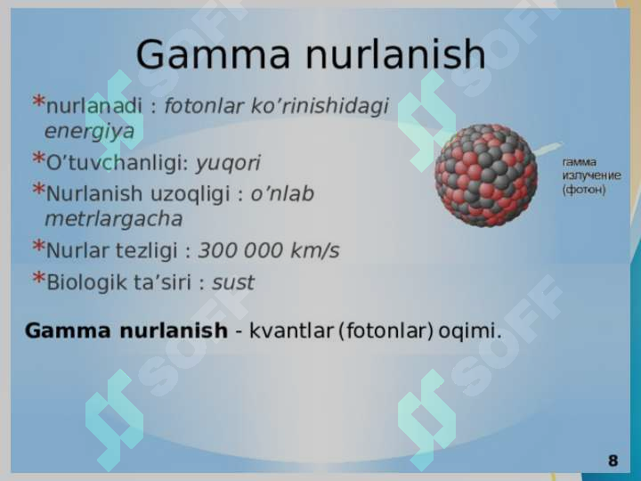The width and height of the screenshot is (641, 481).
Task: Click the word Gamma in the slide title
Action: click(213, 54)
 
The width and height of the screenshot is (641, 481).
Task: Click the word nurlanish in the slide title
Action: click(395, 54)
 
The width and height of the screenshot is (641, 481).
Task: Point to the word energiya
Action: click(90, 131)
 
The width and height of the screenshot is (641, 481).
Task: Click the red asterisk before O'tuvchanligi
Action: click(38, 158)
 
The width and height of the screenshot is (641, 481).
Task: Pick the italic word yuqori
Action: click(228, 164)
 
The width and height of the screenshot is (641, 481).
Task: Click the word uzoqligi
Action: click(191, 194)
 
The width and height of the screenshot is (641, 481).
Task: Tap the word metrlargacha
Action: click(114, 219)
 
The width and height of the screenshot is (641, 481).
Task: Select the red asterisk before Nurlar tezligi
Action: click(38, 246)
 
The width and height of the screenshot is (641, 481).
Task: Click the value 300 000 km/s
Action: click(269, 250)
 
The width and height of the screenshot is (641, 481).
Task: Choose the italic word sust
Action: click(233, 282)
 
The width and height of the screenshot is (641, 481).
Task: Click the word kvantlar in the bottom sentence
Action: click(291, 330)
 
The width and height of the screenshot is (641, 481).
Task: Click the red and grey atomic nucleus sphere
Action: click(486, 175)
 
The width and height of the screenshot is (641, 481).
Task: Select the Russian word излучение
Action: click(591, 175)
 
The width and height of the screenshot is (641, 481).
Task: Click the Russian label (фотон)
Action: click(584, 190)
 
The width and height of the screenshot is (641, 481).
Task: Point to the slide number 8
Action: click(613, 461)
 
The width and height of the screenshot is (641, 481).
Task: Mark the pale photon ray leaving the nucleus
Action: click(548, 149)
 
